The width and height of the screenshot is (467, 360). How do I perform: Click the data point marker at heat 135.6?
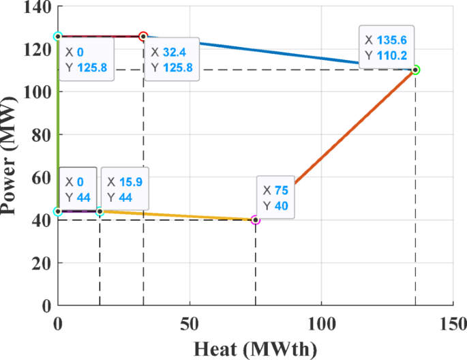(415, 70)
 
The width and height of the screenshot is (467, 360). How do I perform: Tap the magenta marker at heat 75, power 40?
(256, 220)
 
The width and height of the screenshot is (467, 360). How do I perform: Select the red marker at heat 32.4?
(143, 36)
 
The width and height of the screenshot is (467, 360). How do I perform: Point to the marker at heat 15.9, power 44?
(100, 211)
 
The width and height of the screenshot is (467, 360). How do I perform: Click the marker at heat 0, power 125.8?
(58, 36)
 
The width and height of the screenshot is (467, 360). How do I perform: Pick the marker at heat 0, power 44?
(58, 211)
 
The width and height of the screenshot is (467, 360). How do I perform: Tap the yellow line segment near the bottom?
(177, 216)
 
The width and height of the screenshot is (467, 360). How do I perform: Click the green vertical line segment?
(58, 123)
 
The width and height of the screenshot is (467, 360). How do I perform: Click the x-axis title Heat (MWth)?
(255, 348)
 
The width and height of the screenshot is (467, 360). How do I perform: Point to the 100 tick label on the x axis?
(322, 322)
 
